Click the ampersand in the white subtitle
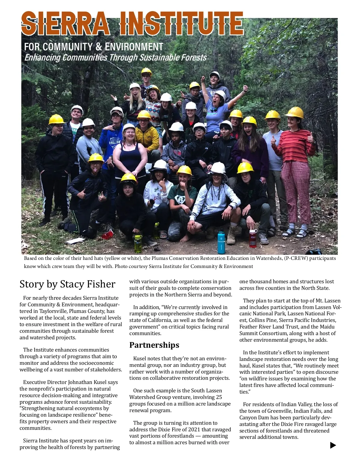pos(98,47)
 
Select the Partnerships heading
pos(154,345)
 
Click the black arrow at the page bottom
pos(333,445)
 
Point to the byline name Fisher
pos(100,284)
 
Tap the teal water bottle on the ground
pos(221,241)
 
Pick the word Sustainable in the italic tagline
pos(157,57)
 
